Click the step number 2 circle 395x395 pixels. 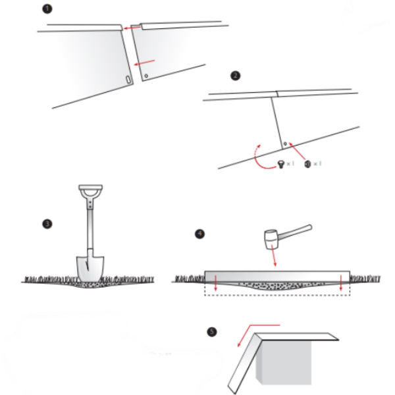click(x=236, y=76)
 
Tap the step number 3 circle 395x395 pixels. click(x=47, y=223)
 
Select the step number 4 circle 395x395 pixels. click(x=199, y=233)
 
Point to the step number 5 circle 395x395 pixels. click(x=211, y=332)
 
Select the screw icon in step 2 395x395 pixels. click(x=281, y=164)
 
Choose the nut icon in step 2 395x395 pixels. click(x=307, y=163)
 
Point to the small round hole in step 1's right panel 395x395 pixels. click(x=147, y=75)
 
